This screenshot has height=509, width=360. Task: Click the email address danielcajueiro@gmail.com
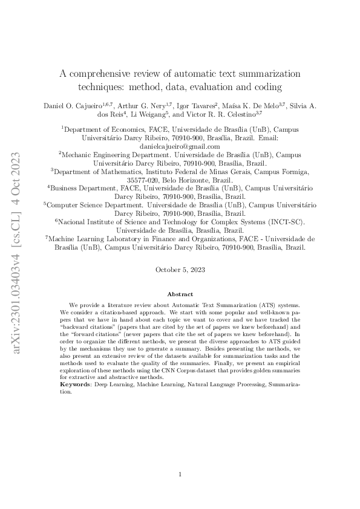(x=180, y=146)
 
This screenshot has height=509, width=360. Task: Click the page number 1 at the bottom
(x=180, y=475)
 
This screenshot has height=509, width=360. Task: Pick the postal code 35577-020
(x=144, y=180)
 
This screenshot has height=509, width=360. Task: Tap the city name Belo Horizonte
(x=187, y=180)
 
